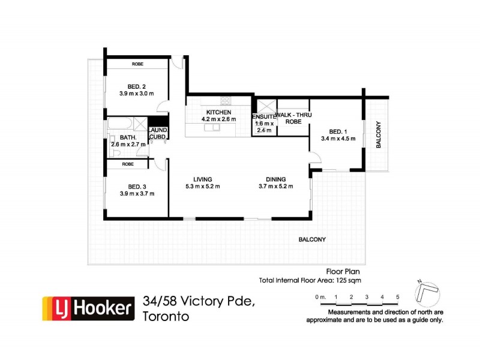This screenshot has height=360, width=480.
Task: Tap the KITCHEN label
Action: [219, 112]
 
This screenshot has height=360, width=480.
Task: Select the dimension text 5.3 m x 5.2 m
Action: [203, 187]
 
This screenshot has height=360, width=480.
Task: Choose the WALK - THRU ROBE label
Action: [293, 118]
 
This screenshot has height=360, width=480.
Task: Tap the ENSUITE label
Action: [263, 116]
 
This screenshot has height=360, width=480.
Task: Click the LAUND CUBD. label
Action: [158, 133]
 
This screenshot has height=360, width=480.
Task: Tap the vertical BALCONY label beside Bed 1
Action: [378, 134]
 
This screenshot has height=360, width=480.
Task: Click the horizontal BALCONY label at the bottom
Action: [312, 239]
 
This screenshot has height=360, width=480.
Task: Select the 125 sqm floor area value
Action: [347, 280]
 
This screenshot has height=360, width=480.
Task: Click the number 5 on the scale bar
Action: [397, 297]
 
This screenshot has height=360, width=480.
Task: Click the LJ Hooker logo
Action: [86, 308]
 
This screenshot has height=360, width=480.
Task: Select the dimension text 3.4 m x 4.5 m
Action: [338, 139]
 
